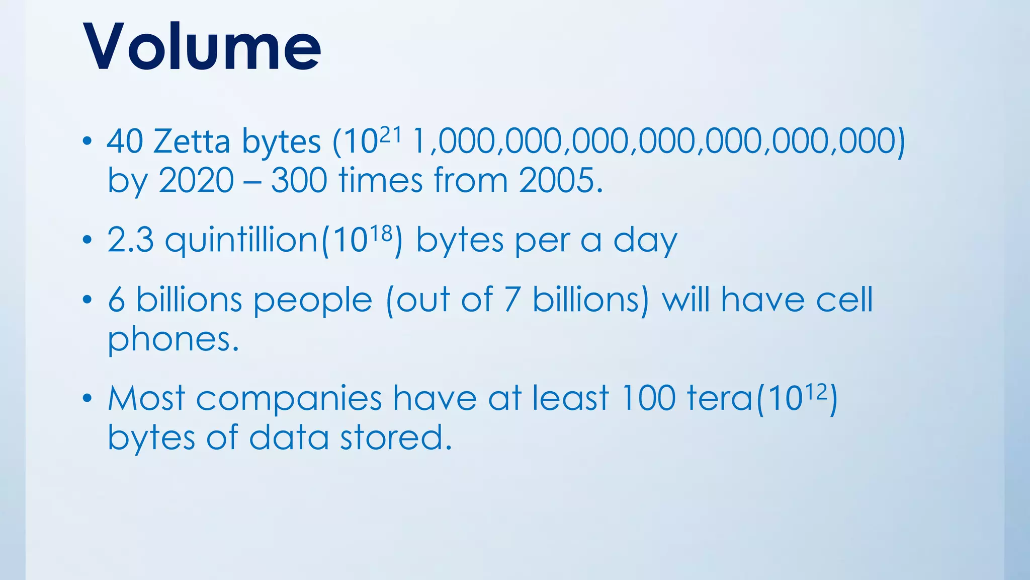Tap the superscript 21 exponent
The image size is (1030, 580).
click(390, 134)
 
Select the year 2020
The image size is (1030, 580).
click(196, 180)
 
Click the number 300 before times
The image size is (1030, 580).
click(299, 180)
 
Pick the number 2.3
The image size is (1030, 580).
click(130, 240)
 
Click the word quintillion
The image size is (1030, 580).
click(241, 240)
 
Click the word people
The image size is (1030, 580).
click(312, 301)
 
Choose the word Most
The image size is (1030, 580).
click(146, 398)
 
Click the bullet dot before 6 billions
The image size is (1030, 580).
click(88, 301)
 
